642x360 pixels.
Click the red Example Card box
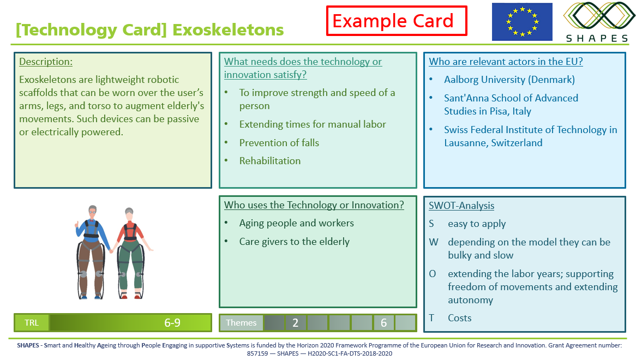[x=397, y=21]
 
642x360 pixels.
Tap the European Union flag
[x=522, y=22]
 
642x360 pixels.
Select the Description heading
[x=46, y=62]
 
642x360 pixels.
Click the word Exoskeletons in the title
[x=228, y=30]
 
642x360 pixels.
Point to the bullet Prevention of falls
[x=279, y=142]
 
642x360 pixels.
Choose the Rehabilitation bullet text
[x=270, y=160]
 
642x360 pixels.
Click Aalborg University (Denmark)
[x=509, y=80]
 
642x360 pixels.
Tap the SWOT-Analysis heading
[x=461, y=206]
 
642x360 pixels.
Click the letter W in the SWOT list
[x=434, y=242]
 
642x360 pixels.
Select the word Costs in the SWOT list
[x=459, y=318]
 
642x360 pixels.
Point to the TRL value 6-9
[x=172, y=323]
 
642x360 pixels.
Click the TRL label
[x=32, y=323]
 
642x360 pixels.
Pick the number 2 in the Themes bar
[x=295, y=323]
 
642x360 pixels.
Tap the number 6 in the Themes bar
[x=383, y=323]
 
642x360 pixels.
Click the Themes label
[x=241, y=323]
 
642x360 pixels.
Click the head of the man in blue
[x=93, y=212]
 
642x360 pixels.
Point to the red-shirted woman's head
[x=129, y=214]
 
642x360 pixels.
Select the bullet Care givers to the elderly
[x=295, y=242]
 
